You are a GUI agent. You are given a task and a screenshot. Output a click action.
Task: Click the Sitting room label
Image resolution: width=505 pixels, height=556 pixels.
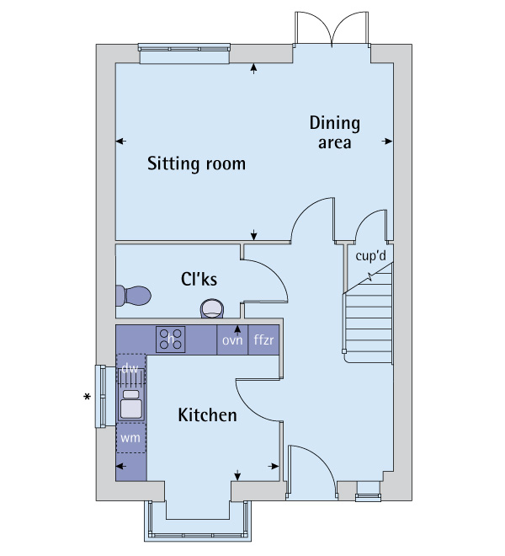pos(196,163)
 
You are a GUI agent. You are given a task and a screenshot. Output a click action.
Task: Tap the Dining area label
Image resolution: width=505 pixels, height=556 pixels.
pos(334,133)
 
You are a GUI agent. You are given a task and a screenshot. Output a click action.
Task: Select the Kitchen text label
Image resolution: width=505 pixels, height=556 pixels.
pos(207,415)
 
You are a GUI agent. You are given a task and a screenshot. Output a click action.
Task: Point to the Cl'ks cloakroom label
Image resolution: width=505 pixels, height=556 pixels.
pos(200,278)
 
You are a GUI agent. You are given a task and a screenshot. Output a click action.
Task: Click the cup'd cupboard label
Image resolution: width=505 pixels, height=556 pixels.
pos(370,255)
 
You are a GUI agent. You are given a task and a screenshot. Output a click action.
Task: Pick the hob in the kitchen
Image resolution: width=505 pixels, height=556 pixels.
pos(171,339)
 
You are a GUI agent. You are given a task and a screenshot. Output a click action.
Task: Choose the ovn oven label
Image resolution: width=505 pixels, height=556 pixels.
pos(232,340)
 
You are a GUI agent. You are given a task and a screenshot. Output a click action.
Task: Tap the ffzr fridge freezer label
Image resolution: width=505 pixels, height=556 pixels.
pos(264,340)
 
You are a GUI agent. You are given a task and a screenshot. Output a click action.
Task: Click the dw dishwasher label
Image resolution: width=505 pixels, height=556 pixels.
pos(130,369)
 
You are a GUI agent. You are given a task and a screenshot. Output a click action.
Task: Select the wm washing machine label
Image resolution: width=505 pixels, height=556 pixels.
pos(130,438)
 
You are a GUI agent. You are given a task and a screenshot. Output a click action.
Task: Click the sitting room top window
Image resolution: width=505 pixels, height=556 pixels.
pos(184,51)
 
